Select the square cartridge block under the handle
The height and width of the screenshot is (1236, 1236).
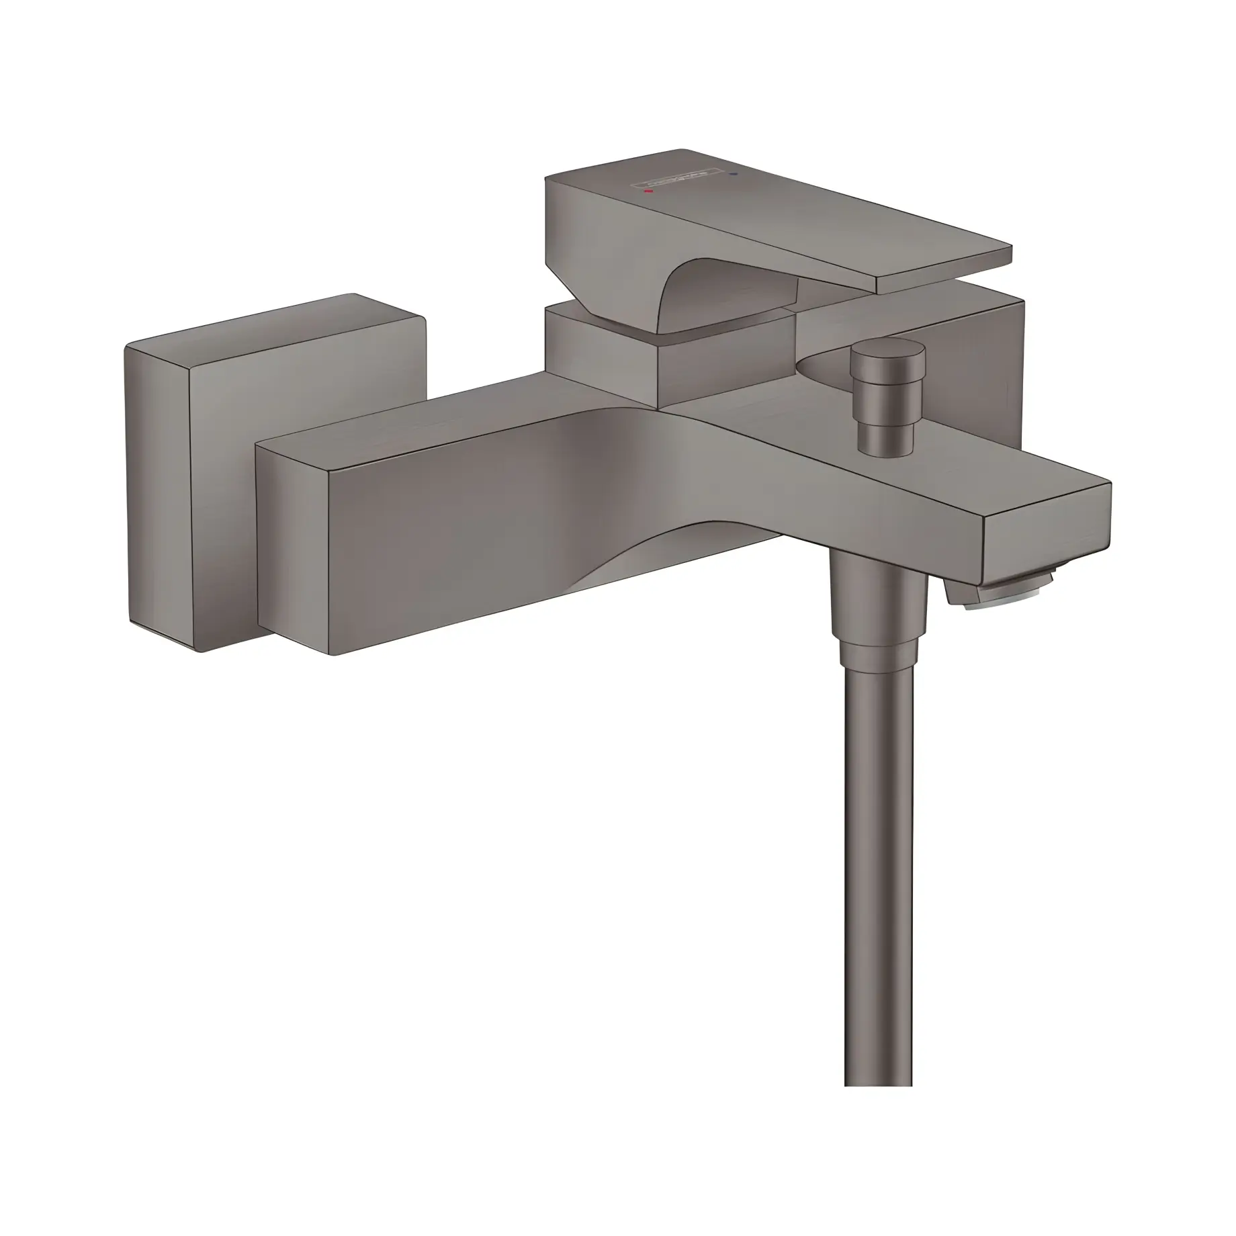(x=605, y=363)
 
